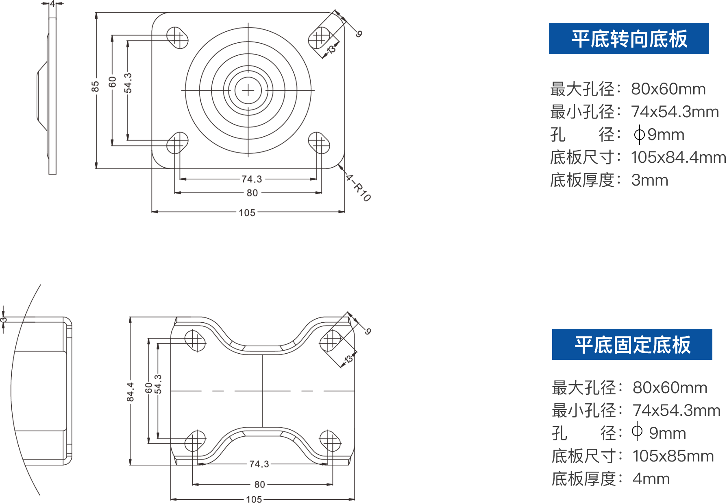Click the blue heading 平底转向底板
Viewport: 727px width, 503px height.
point(629,39)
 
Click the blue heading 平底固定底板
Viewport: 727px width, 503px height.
point(632,345)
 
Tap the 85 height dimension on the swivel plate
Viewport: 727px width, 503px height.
point(95,87)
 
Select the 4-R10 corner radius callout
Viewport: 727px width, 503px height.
point(358,188)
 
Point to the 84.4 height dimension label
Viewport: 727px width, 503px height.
point(130,391)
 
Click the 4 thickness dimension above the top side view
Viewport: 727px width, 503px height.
point(52,4)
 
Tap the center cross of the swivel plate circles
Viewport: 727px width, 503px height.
point(248,90)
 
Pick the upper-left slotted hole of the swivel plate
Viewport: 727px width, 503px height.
point(177,37)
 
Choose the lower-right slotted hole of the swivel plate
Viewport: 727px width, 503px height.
point(319,143)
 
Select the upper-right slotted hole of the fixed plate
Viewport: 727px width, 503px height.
point(331,341)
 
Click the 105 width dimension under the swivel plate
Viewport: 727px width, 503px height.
point(247,213)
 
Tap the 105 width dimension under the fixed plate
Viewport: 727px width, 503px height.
point(254,499)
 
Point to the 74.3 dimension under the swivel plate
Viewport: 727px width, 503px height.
point(252,179)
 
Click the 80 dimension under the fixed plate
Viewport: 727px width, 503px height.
point(260,484)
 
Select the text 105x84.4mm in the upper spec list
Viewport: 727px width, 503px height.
point(678,157)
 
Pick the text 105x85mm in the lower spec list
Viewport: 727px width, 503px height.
point(673,456)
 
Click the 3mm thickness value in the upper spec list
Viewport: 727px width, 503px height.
point(649,180)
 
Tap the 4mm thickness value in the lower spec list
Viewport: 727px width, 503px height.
point(651,479)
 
